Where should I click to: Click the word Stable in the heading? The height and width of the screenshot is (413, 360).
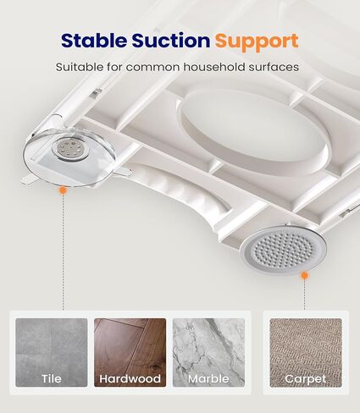(x=94, y=41)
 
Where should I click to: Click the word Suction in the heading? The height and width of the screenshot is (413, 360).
(x=171, y=41)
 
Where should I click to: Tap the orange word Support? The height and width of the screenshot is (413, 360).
(x=257, y=41)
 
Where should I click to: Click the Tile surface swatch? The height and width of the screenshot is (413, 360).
(x=52, y=352)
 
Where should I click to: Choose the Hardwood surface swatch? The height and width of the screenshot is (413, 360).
(x=130, y=352)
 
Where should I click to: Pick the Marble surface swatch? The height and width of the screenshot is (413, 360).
(x=208, y=352)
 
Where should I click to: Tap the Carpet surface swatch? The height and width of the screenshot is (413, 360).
(x=306, y=353)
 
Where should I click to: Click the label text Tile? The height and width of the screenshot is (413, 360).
(x=52, y=378)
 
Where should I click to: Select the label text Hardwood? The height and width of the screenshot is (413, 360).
(x=130, y=378)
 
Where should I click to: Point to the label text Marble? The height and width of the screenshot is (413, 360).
(x=208, y=378)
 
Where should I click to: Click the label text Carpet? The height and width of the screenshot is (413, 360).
(x=306, y=379)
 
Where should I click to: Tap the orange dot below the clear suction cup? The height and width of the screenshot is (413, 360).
(x=64, y=190)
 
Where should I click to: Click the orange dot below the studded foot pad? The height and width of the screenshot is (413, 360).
(x=304, y=275)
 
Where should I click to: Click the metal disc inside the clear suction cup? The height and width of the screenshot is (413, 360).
(x=67, y=148)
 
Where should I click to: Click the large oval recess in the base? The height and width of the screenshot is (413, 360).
(x=253, y=132)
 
